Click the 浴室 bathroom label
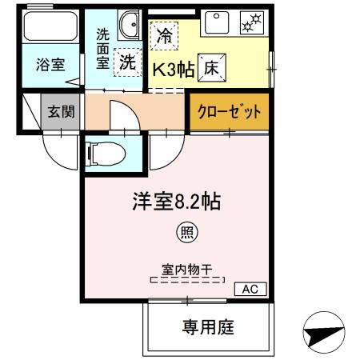tap(51, 66)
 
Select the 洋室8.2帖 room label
tap(176, 200)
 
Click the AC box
tap(249, 288)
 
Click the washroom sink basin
tap(128, 27)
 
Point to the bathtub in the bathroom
tap(51, 29)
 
